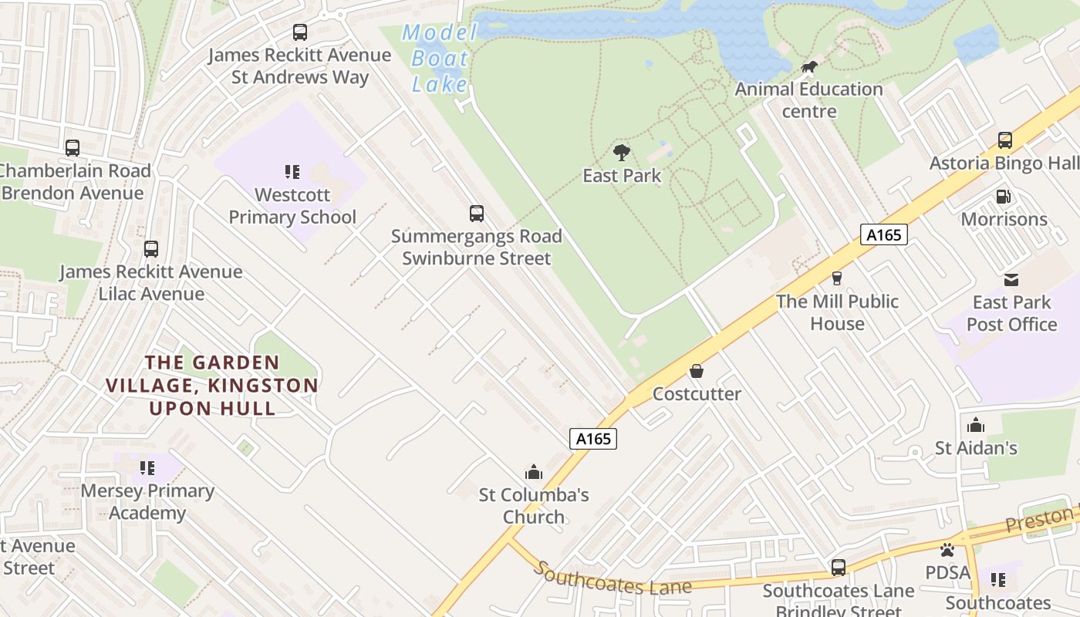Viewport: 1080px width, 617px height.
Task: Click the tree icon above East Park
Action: point(622,152)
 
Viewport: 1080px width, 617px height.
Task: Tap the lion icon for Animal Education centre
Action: point(808,67)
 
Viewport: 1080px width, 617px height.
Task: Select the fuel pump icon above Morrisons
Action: point(1004,197)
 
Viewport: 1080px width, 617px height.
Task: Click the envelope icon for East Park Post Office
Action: point(1011,279)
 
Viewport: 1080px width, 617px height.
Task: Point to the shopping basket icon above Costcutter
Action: point(697,371)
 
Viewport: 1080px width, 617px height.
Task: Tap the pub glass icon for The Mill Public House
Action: point(837,278)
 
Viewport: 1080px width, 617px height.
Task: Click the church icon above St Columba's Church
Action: point(533,471)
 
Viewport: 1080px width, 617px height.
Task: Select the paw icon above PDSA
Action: point(947,549)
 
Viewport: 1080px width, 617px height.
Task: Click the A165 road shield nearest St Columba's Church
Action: point(593,439)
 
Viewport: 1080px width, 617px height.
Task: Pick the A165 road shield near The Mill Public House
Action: point(883,234)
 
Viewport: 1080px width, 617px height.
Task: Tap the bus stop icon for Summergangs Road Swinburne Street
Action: point(477,214)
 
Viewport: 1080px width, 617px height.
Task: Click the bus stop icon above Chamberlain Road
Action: point(73,148)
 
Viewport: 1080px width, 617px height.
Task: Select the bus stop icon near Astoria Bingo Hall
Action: point(1004,140)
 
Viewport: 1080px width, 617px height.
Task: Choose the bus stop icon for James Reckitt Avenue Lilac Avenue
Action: point(151,249)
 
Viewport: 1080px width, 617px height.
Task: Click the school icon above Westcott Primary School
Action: point(292,171)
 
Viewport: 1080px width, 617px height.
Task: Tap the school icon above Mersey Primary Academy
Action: point(147,467)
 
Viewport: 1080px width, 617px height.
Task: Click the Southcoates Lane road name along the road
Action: point(613,579)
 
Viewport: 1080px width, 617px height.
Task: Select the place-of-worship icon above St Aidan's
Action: point(976,425)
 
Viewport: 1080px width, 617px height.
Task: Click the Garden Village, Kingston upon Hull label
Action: point(212,385)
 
